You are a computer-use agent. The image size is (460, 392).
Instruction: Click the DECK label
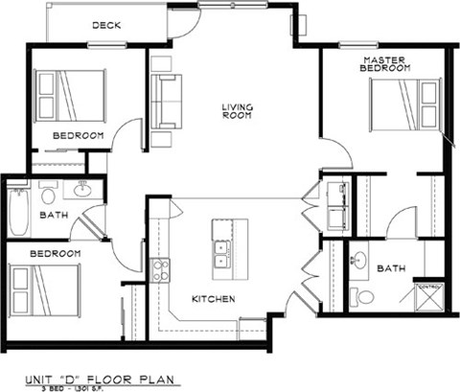coord(107,26)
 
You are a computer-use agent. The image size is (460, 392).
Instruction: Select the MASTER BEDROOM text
coord(385,64)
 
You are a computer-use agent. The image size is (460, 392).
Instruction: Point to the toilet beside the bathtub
coord(47,196)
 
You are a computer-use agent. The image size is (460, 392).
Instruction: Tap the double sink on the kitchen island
coord(222,253)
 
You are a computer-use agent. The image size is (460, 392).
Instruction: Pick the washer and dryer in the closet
coord(336,200)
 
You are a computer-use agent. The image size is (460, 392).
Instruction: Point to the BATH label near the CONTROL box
coord(391,269)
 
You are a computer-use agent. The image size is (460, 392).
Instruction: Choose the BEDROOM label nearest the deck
coord(78,135)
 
